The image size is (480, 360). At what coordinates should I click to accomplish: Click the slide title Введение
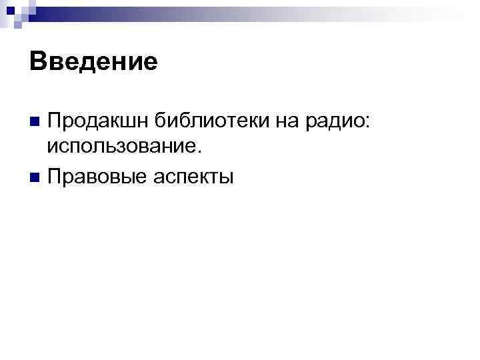click(93, 62)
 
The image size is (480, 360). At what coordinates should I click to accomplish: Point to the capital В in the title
click(37, 62)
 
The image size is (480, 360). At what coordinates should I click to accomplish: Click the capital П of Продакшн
click(54, 121)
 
